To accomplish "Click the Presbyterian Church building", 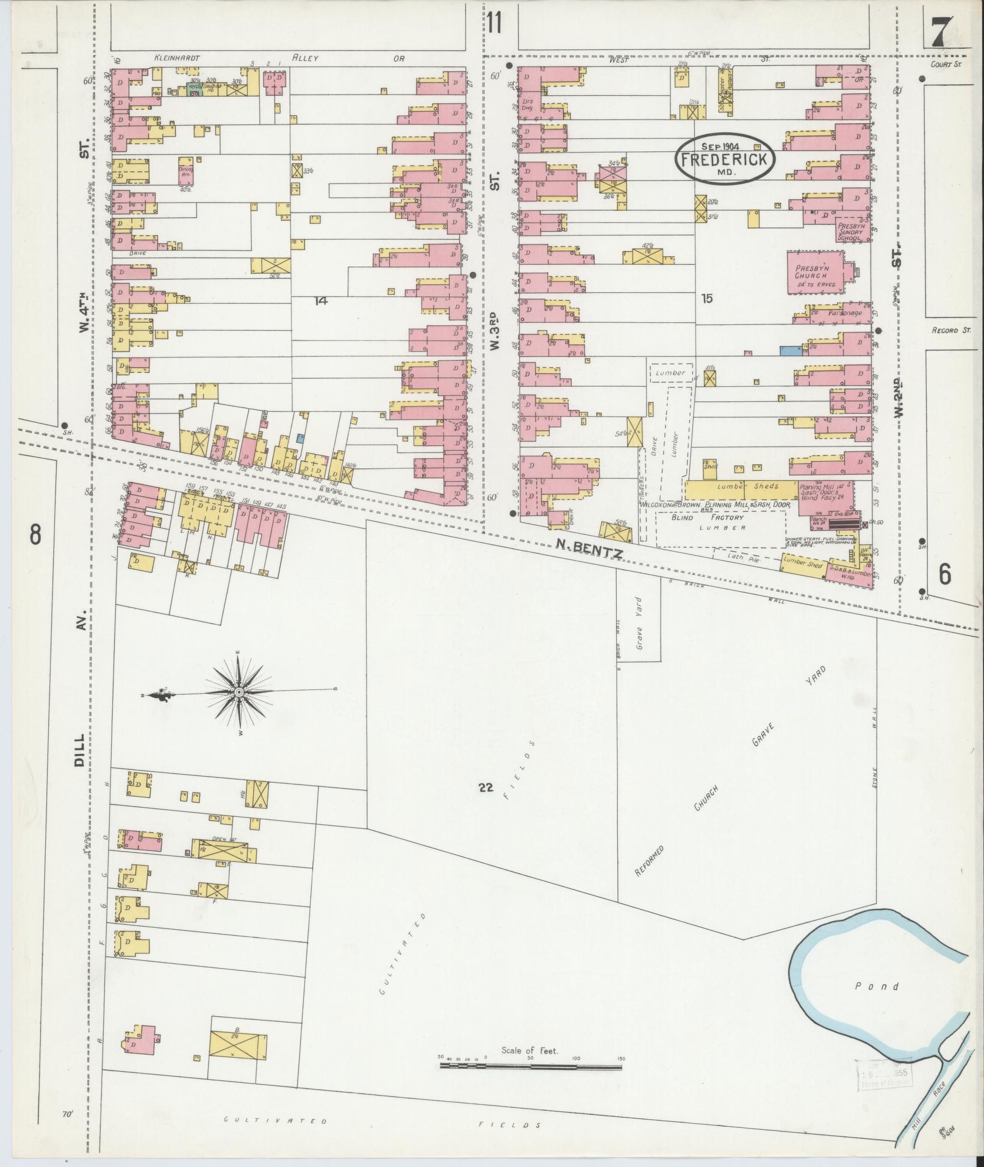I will click(815, 273).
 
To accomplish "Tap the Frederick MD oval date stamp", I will click(725, 157).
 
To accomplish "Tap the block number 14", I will click(320, 300).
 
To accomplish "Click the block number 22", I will click(485, 788).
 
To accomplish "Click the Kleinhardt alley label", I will click(177, 59).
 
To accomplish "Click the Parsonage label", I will click(844, 313).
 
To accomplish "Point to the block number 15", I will click(706, 298).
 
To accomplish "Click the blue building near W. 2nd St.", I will click(791, 350).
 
